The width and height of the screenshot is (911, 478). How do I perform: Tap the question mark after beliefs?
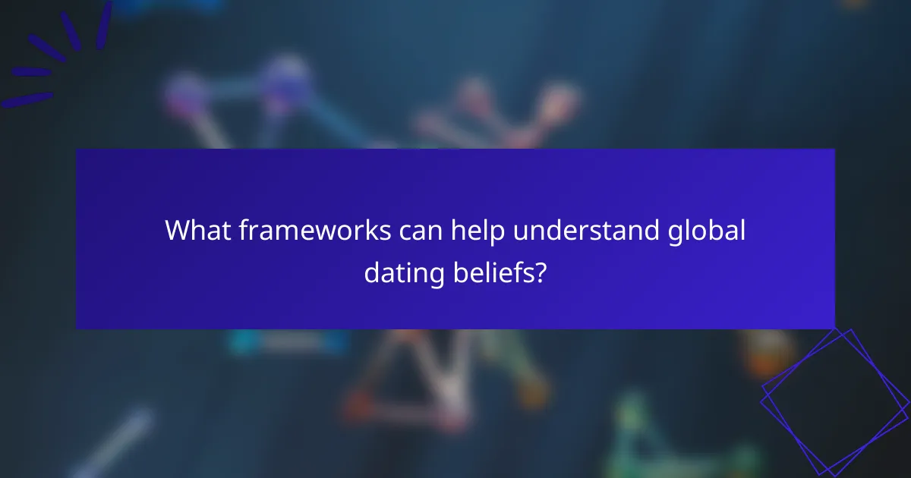pyautogui.click(x=539, y=272)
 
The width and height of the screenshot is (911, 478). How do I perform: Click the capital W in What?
pyautogui.click(x=178, y=231)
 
